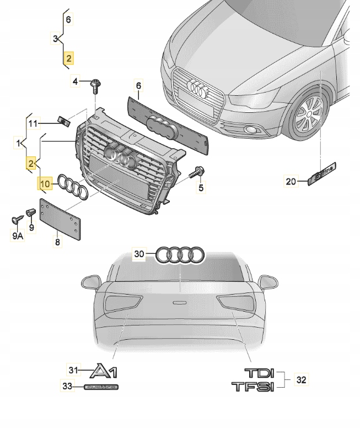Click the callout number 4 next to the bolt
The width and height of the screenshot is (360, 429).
tap(76, 83)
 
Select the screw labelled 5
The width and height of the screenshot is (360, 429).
tap(196, 172)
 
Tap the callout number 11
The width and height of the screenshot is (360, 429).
tap(33, 123)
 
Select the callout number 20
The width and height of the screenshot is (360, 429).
tap(291, 181)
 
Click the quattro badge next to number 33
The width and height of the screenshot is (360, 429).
tap(101, 388)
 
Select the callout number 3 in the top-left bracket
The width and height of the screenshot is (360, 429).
tap(55, 39)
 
